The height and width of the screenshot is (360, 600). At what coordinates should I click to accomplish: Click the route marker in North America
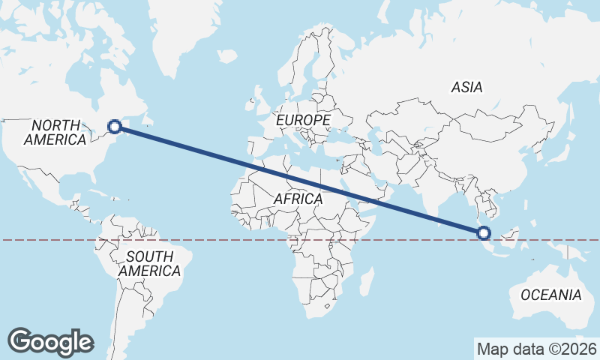click(x=115, y=127)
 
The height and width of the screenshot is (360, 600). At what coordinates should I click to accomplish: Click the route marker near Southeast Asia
click(x=483, y=233)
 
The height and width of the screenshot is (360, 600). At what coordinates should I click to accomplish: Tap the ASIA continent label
click(x=466, y=88)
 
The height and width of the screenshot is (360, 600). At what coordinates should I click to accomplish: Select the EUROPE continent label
click(x=302, y=120)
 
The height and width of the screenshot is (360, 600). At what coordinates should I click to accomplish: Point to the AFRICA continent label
click(x=298, y=199)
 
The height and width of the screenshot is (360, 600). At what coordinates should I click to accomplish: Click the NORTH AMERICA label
click(x=55, y=132)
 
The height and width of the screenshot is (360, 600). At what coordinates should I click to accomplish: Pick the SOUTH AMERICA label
click(x=150, y=263)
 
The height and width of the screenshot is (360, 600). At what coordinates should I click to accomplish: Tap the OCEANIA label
click(x=550, y=294)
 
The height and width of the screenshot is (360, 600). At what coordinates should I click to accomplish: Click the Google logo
click(x=50, y=342)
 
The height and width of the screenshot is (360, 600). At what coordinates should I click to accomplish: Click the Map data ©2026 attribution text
click(x=536, y=349)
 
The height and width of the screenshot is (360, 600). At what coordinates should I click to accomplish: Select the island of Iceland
click(x=226, y=55)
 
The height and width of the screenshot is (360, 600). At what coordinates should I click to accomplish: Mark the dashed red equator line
click(x=225, y=240)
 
